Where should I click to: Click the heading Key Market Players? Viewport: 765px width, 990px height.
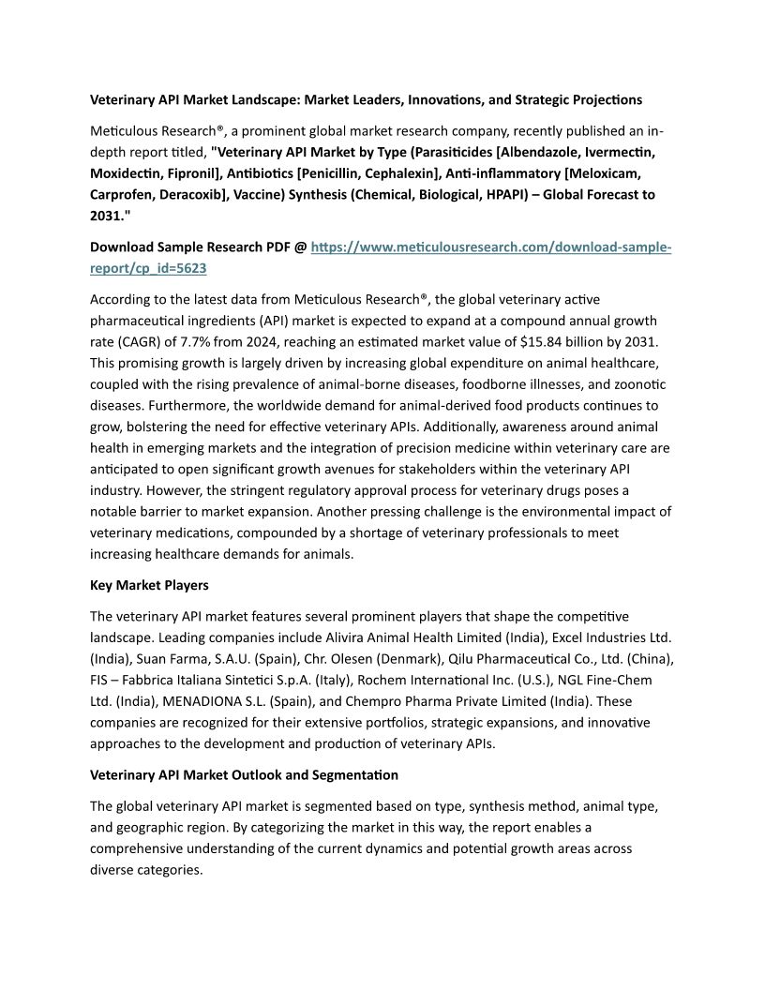149,585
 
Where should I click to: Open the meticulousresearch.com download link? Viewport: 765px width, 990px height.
490,247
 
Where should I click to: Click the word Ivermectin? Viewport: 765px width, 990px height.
612,151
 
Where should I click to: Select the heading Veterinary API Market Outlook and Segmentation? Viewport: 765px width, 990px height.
244,775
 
